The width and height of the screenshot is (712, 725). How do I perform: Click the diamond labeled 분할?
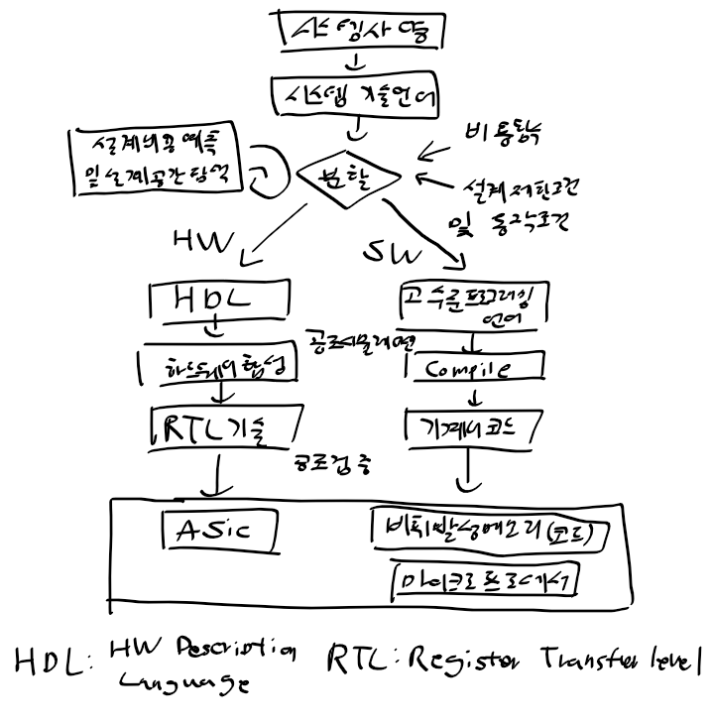[340, 176]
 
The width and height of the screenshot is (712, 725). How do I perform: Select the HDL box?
[216, 301]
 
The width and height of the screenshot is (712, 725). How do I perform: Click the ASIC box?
[219, 530]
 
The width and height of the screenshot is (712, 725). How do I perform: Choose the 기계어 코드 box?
[474, 427]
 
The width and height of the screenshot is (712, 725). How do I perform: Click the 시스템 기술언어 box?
[355, 97]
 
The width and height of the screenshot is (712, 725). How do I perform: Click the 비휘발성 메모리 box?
[487, 533]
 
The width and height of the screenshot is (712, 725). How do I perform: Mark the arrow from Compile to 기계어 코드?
[474, 396]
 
